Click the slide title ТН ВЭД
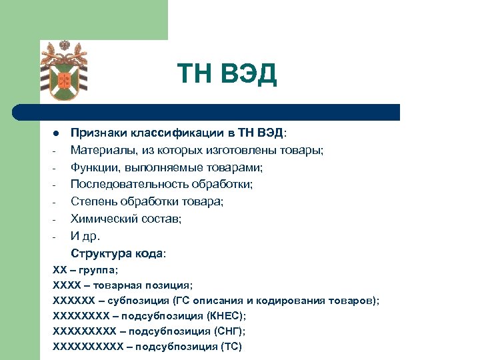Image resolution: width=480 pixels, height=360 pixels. [x=226, y=75]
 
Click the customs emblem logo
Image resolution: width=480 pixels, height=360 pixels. [x=65, y=71]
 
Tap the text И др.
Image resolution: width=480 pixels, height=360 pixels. [x=85, y=236]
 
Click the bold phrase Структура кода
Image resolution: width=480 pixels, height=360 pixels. [x=116, y=253]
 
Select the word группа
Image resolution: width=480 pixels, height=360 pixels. [x=98, y=270]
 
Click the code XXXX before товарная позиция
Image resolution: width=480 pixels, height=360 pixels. [x=66, y=285]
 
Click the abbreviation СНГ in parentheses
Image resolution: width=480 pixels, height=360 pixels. [x=226, y=331]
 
